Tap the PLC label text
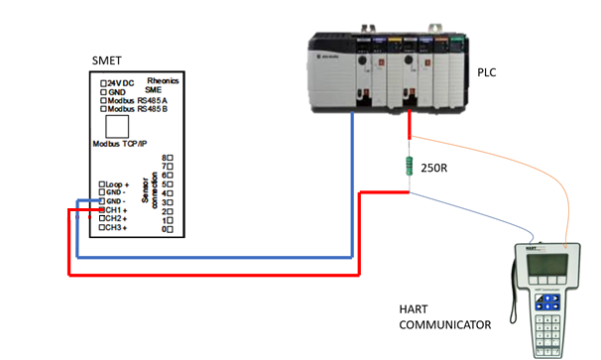coord(488,72)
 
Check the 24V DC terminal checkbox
coord(102,81)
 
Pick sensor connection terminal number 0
coord(166,228)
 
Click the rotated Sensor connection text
coord(147,192)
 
